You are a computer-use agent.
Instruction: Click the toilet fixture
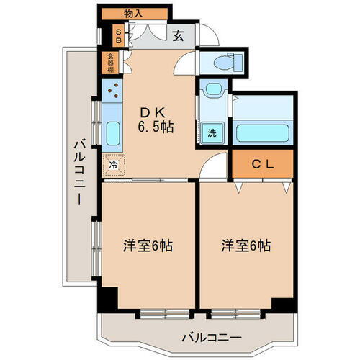tap(232, 60)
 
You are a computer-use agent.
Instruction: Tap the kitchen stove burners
tap(112, 91)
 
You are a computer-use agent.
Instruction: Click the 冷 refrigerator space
tap(113, 164)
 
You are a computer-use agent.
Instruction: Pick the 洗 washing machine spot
tap(212, 132)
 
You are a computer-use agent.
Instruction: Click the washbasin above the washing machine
tap(212, 91)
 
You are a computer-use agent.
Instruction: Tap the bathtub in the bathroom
tap(262, 133)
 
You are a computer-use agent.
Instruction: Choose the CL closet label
tap(262, 164)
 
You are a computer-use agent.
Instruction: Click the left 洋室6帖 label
tap(146, 245)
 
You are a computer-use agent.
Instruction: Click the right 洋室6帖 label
tap(246, 245)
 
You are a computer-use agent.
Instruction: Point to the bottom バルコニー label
tap(211, 336)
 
